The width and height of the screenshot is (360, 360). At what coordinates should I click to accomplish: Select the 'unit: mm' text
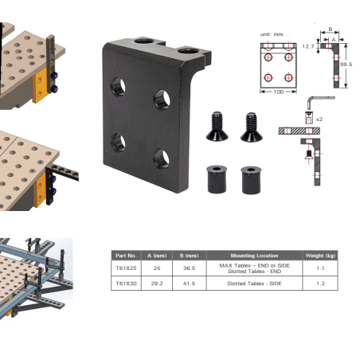tap(272, 34)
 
